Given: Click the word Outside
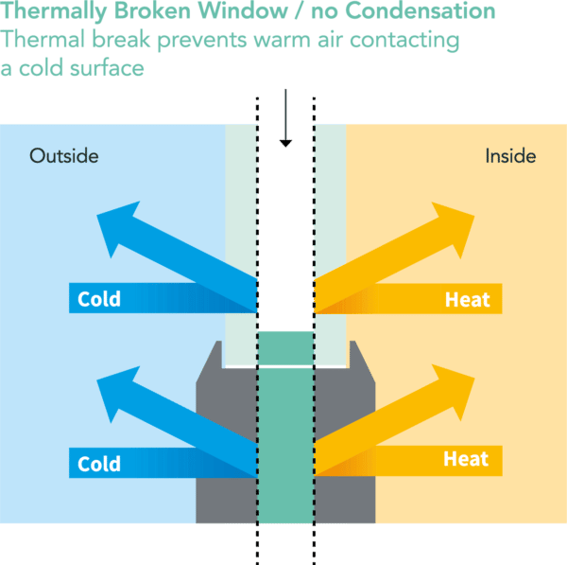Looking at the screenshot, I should click(64, 155).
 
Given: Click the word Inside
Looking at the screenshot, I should click(510, 155).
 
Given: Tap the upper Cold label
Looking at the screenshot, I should click(99, 300).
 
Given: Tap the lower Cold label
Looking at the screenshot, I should click(99, 464).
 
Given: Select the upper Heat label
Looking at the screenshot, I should click(468, 300).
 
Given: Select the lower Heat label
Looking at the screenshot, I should click(467, 460).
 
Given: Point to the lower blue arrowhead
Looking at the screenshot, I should click(118, 395).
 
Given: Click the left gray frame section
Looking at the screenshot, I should click(227, 445).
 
